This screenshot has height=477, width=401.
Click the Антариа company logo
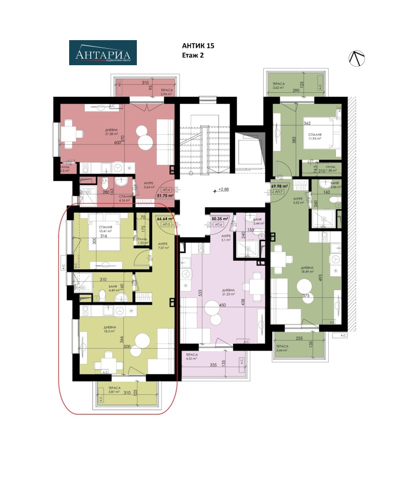(x=103, y=53)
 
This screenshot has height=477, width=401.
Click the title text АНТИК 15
(x=198, y=46)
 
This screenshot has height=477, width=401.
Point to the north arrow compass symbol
(x=357, y=59)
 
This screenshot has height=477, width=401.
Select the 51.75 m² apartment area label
(x=165, y=196)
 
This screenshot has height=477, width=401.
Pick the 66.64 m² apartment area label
(x=164, y=219)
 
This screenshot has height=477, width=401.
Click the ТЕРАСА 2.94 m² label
(x=167, y=92)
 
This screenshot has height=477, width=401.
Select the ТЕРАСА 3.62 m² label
(x=279, y=86)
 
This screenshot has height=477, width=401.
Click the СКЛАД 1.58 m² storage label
(x=330, y=169)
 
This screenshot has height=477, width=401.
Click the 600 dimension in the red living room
(x=117, y=142)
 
